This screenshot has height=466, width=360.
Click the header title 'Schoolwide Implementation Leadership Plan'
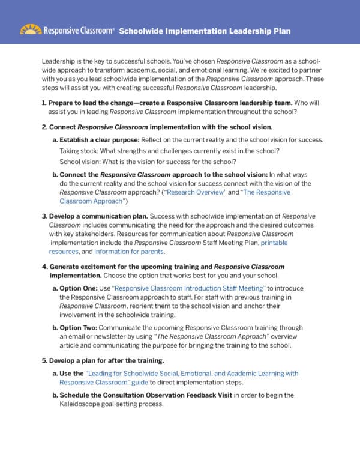click(205, 31)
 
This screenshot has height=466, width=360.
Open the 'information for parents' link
click(129, 252)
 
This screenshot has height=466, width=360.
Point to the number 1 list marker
click(44, 103)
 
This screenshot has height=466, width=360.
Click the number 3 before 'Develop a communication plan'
click(44, 216)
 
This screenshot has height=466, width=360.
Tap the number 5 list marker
click(44, 360)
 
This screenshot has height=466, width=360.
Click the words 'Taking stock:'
click(79, 150)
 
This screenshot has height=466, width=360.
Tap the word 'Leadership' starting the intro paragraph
click(59, 62)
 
